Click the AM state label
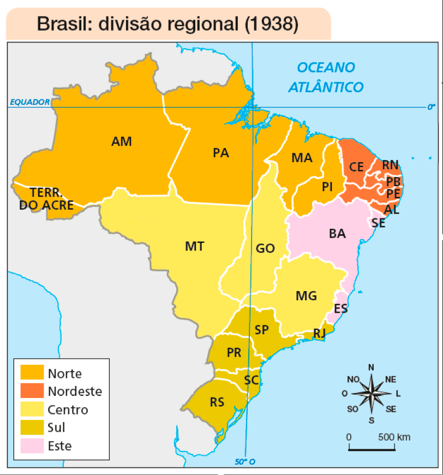(x=121, y=141)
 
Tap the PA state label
(x=220, y=153)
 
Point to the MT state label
(x=194, y=246)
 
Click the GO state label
(x=265, y=248)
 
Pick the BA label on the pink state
(x=337, y=234)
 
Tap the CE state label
(x=356, y=167)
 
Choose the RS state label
(x=217, y=402)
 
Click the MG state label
(x=306, y=296)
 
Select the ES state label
(x=340, y=309)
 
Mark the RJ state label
(x=320, y=333)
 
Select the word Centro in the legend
(x=68, y=409)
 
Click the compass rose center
(x=371, y=393)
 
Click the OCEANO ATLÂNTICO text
(x=326, y=77)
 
